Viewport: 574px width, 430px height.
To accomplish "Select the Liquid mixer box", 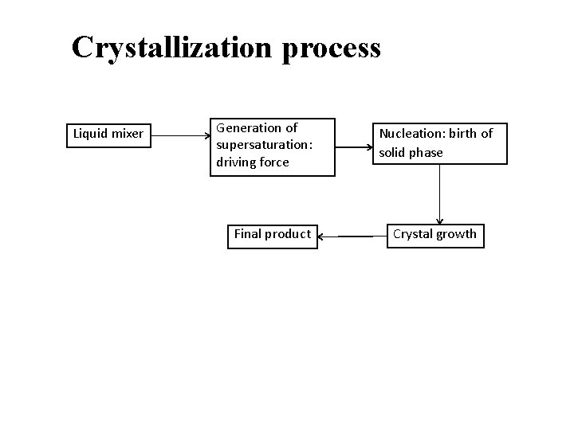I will coord(108,134).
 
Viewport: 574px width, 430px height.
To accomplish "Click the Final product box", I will coord(272,234).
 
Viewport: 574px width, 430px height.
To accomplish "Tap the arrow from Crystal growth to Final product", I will coord(352,236).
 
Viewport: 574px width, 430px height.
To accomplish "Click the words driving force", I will coord(252,162).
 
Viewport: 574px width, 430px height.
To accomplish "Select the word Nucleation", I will coord(410,134).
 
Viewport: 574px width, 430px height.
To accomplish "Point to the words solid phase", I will coord(411,152).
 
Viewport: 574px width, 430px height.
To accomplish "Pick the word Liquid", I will coord(89,134).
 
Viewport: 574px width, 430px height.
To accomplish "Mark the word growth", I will coord(457,234).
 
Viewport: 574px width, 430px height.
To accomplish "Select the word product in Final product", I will coord(288,234).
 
